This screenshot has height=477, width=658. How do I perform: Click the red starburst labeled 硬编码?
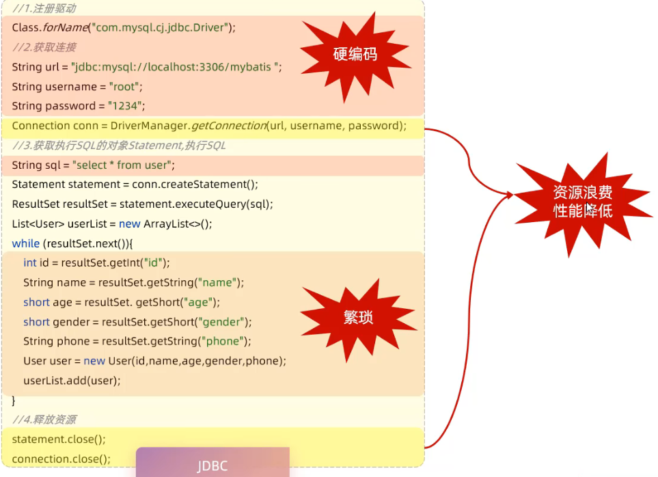(x=355, y=55)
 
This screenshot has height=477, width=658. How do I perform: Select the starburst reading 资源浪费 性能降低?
(x=582, y=202)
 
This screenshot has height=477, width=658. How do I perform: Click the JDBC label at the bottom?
(x=213, y=466)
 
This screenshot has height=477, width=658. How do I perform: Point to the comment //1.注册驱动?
(x=44, y=9)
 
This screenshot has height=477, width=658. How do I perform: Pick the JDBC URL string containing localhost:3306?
(x=176, y=67)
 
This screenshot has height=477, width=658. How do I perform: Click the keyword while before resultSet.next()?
(x=26, y=243)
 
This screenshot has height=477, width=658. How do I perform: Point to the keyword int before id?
(x=30, y=263)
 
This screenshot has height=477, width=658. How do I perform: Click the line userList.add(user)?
(x=72, y=381)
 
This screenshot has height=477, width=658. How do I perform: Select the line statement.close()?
(x=59, y=439)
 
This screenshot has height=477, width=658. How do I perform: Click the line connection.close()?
(x=61, y=459)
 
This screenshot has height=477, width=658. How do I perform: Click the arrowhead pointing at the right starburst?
(x=509, y=195)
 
